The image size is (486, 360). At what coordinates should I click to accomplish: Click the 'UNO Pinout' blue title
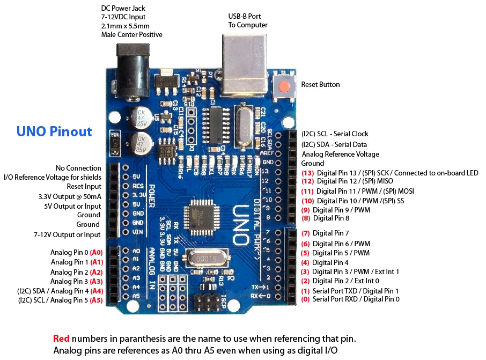point(54,131)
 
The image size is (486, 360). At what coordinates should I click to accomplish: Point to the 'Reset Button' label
point(320,84)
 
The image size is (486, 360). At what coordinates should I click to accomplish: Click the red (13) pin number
point(307,173)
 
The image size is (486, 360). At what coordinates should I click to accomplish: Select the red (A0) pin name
point(97,252)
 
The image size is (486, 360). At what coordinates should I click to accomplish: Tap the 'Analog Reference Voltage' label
point(340,154)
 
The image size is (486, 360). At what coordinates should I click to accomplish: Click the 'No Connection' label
point(78,168)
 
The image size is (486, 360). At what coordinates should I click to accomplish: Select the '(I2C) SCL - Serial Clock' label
point(335,134)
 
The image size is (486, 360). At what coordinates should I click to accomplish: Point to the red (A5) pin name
point(97,300)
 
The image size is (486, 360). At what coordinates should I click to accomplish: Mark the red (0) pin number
point(306,299)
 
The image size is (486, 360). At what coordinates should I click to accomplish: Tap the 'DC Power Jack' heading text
point(123,8)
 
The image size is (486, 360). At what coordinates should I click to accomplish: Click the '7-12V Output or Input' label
point(67,234)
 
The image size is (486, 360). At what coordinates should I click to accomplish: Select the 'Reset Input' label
point(84,186)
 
